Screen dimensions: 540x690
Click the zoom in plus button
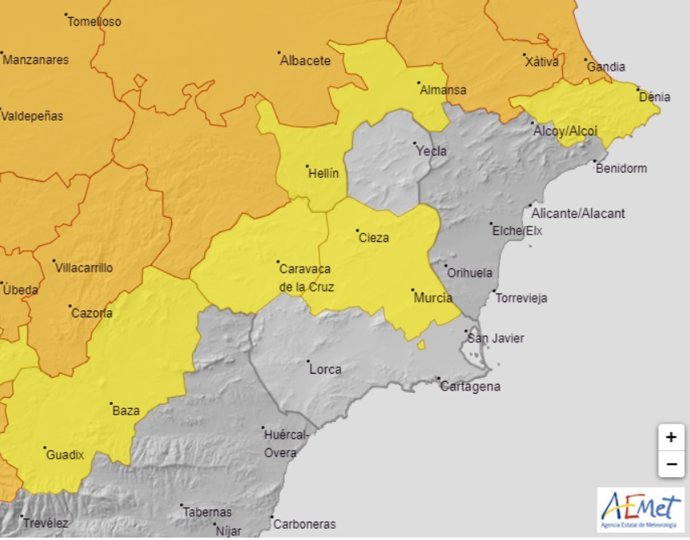point(670,437)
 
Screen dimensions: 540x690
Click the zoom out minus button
point(670,464)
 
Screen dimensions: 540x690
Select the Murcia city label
point(432,298)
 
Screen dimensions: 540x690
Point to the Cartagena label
point(470,387)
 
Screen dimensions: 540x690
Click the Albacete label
point(305,60)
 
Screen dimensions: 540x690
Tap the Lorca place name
point(325,369)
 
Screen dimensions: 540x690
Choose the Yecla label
point(432,151)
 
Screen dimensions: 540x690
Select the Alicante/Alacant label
point(579,213)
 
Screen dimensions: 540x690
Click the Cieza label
point(372,238)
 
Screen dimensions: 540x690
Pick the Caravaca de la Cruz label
point(306,277)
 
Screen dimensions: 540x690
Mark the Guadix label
point(65,455)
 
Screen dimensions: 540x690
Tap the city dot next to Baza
point(110,403)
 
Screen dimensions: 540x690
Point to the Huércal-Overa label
point(286,444)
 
